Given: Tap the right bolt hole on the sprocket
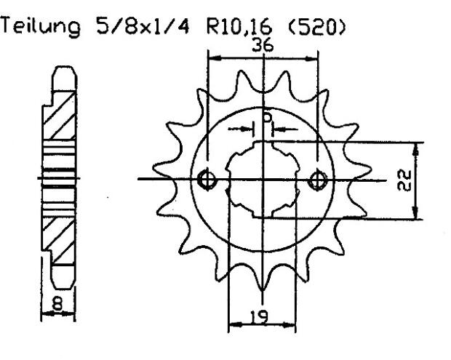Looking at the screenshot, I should click(317, 179).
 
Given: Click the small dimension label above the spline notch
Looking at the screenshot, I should click(266, 116).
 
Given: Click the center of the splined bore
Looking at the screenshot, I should click(263, 179).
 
